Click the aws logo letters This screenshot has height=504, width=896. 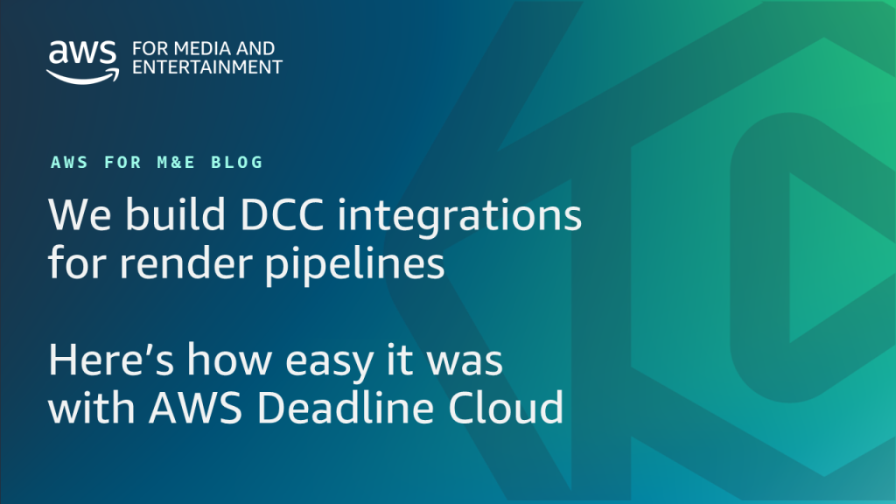coord(83,52)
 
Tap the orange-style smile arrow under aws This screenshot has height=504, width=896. coord(83,76)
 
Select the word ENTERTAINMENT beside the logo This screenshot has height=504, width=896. coord(207,67)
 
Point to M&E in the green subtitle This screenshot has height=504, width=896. coord(177,162)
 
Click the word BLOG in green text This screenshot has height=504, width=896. coord(237,162)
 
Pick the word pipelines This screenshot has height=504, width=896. coord(355,265)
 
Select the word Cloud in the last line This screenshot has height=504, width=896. coord(506,408)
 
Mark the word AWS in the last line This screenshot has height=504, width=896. coord(195,408)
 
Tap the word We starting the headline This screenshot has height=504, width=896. coord(80,215)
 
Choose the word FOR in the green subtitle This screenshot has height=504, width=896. coord(122,162)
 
